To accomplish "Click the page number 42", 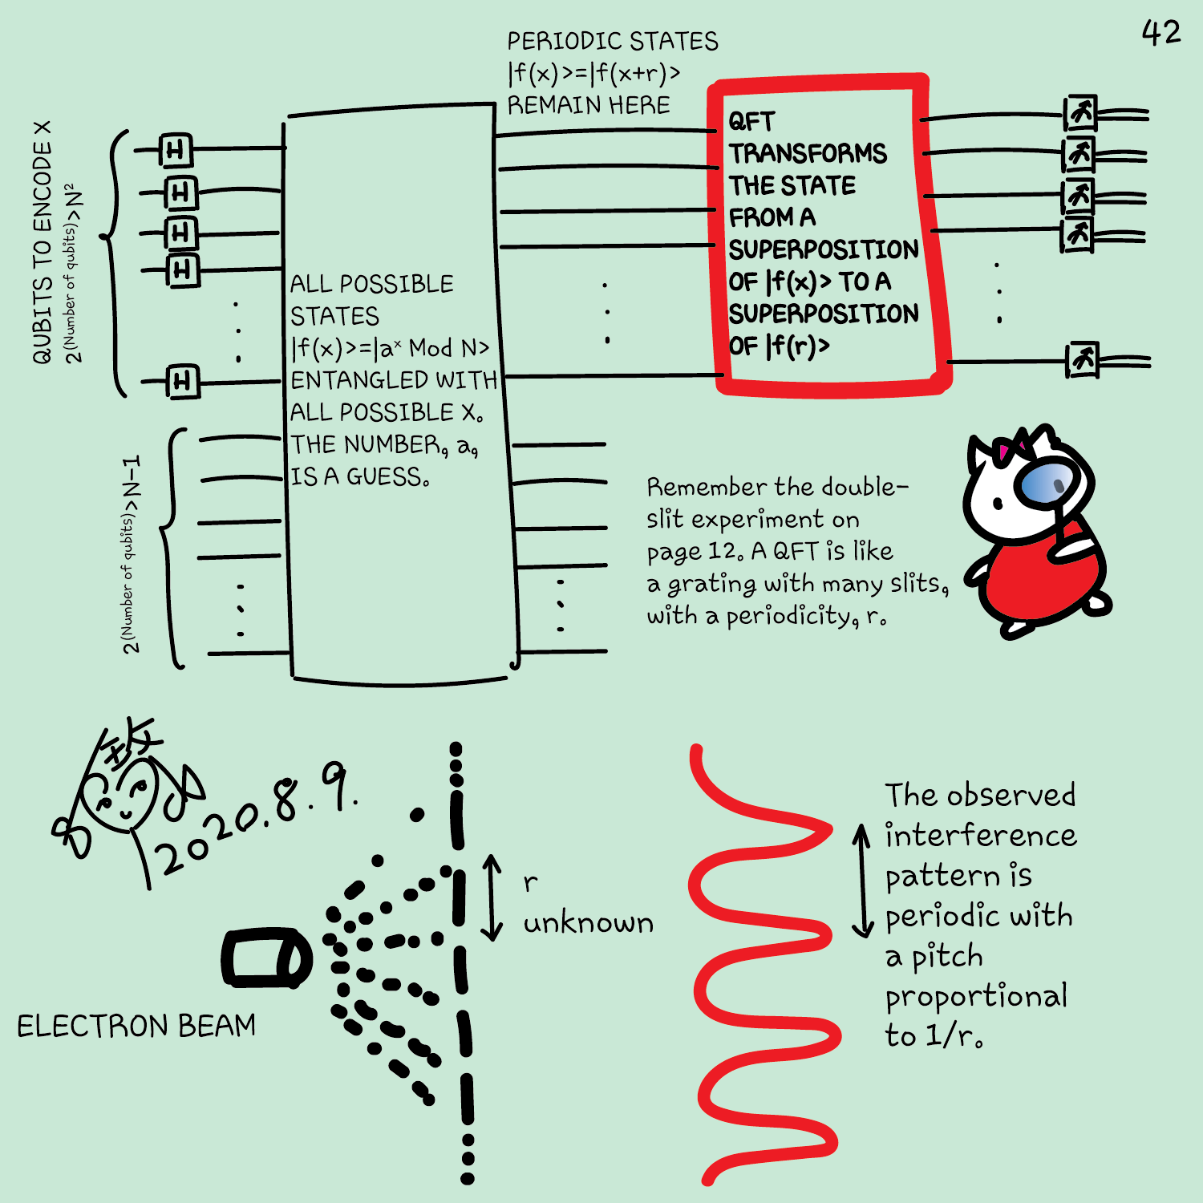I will [x=1160, y=33].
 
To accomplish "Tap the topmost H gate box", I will [x=176, y=150].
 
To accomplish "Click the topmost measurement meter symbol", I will [x=1080, y=114].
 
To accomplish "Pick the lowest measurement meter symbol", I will [x=1083, y=360].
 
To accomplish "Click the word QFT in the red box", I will [x=751, y=122].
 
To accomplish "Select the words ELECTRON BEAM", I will [x=136, y=1027].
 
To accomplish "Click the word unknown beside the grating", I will [x=588, y=924].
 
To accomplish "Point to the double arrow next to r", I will [x=492, y=897].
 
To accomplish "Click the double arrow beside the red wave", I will [x=862, y=880].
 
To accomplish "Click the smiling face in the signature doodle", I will [x=128, y=802].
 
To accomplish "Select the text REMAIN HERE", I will [x=588, y=105].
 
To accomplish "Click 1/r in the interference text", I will [x=949, y=1036].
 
